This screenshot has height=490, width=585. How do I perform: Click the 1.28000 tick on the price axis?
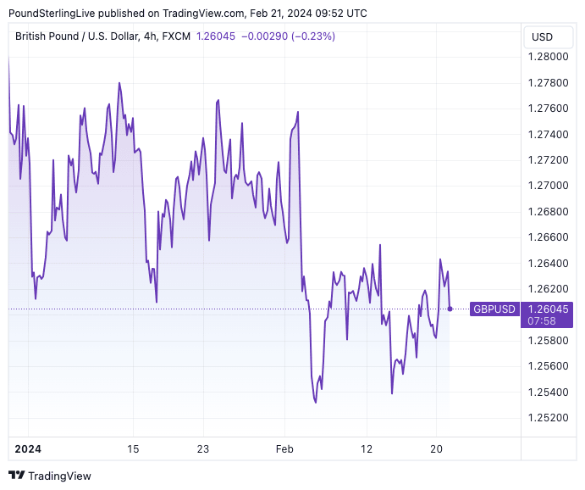click(x=549, y=57)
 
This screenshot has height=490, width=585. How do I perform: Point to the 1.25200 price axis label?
click(x=549, y=417)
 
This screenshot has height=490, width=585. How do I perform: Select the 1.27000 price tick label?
click(x=549, y=186)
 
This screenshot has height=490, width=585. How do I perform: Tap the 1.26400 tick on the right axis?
click(x=549, y=263)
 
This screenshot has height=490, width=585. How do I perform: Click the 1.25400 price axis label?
click(x=549, y=392)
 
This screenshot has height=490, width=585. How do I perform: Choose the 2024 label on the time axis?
click(x=27, y=448)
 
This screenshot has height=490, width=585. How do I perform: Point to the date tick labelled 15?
click(x=133, y=448)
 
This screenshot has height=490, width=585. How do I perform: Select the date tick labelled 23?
click(x=202, y=448)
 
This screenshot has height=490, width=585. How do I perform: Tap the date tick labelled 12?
click(x=367, y=448)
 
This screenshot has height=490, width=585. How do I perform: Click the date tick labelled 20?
click(x=436, y=448)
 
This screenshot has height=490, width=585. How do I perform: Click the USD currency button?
click(x=542, y=36)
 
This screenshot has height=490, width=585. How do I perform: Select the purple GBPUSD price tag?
click(x=494, y=309)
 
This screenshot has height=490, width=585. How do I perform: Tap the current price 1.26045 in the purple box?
click(x=547, y=309)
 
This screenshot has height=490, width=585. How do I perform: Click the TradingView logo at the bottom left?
click(x=50, y=476)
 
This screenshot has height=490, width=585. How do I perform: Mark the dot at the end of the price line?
click(x=450, y=309)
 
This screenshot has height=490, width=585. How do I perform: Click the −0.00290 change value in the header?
click(x=263, y=36)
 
